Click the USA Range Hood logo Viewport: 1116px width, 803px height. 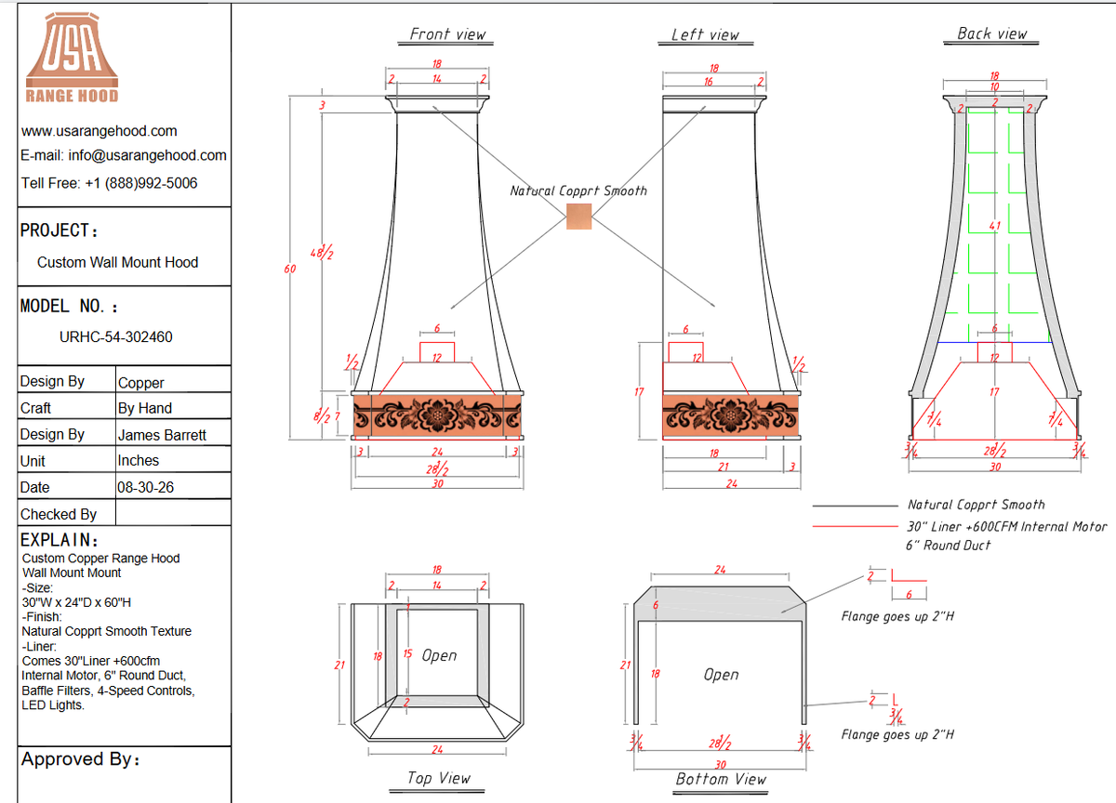pyautogui.click(x=72, y=58)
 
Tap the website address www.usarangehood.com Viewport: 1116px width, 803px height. pyautogui.click(x=100, y=131)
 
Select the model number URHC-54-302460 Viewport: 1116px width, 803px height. pyautogui.click(x=115, y=337)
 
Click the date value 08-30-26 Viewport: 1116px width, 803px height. pyautogui.click(x=145, y=487)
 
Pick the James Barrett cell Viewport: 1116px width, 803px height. pyautogui.click(x=162, y=435)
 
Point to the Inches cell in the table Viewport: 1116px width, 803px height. pyautogui.click(x=138, y=460)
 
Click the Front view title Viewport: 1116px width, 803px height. pyautogui.click(x=447, y=33)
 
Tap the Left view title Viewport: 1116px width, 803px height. pyautogui.click(x=705, y=34)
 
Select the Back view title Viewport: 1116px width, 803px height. pyautogui.click(x=991, y=33)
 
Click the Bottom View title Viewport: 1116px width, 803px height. pyautogui.click(x=721, y=779)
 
